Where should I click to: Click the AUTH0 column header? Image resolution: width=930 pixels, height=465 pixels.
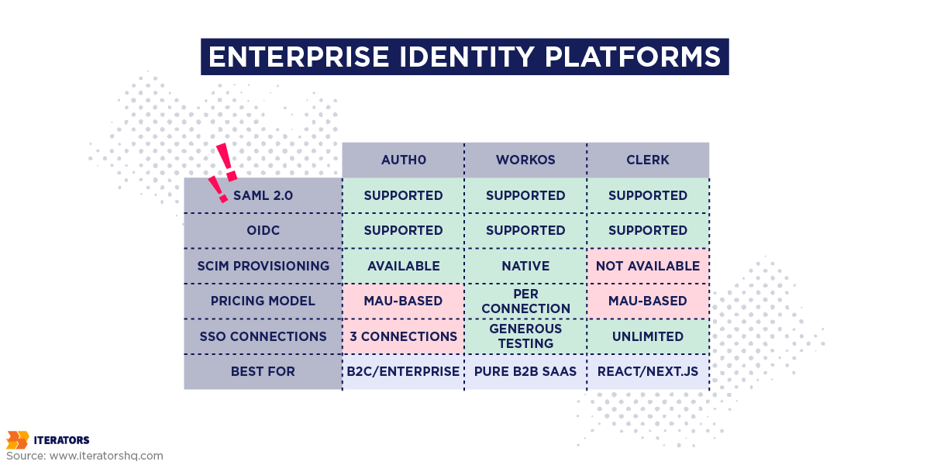tap(403, 160)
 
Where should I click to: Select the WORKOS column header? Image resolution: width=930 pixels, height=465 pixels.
tap(525, 160)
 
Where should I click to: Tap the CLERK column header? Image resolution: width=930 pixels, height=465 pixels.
tap(648, 160)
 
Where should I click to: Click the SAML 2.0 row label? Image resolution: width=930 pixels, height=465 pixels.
tap(263, 195)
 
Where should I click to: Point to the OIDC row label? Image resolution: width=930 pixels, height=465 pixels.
tap(263, 230)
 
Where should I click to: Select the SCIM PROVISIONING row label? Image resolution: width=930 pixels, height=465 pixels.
tap(263, 266)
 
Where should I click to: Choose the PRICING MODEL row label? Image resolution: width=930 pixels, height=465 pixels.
tap(263, 301)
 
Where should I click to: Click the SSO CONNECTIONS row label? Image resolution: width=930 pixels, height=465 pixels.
tap(263, 336)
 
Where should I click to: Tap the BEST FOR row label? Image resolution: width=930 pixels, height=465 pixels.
tap(263, 371)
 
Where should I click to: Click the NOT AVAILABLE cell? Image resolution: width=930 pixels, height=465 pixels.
tap(648, 266)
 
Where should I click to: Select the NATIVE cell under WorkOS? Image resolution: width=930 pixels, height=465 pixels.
tap(525, 266)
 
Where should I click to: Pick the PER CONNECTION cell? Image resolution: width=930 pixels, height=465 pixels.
tap(525, 301)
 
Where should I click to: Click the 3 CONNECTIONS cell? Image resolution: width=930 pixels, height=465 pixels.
tap(403, 336)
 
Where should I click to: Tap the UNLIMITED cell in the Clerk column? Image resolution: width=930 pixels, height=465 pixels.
tap(648, 336)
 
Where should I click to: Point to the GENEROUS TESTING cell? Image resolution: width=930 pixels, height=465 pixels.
tap(525, 336)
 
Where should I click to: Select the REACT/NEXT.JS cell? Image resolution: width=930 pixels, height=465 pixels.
tap(648, 371)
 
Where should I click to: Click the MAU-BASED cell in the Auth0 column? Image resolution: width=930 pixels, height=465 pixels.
tap(403, 301)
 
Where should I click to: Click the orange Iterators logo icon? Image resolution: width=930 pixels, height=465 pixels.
tap(17, 440)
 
